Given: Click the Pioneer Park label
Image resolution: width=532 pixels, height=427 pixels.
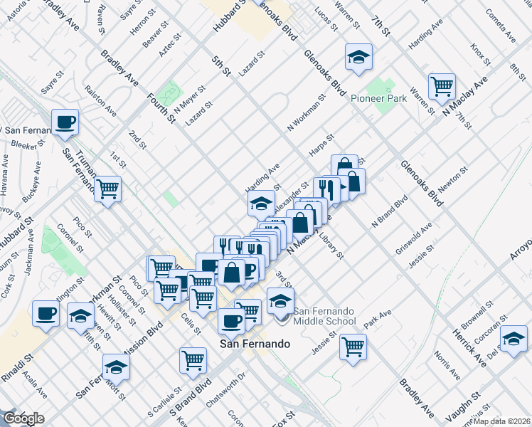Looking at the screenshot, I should point(378,98).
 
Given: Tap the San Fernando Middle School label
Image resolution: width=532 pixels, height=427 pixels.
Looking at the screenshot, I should point(325,316).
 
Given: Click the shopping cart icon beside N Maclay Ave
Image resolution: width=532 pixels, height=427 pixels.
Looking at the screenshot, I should point(442,86).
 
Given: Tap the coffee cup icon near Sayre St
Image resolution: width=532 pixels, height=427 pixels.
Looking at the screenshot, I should point(65,122).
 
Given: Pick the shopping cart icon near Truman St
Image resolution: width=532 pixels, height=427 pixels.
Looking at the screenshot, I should point(108,189).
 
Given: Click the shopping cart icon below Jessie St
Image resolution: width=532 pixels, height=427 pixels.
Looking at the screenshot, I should point(353,347).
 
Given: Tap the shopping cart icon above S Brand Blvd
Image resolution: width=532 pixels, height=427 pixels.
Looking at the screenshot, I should point(193,360).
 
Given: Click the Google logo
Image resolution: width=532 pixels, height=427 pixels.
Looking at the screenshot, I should point(23,419).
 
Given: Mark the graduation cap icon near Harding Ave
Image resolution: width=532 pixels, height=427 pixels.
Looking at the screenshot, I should point(261,204).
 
